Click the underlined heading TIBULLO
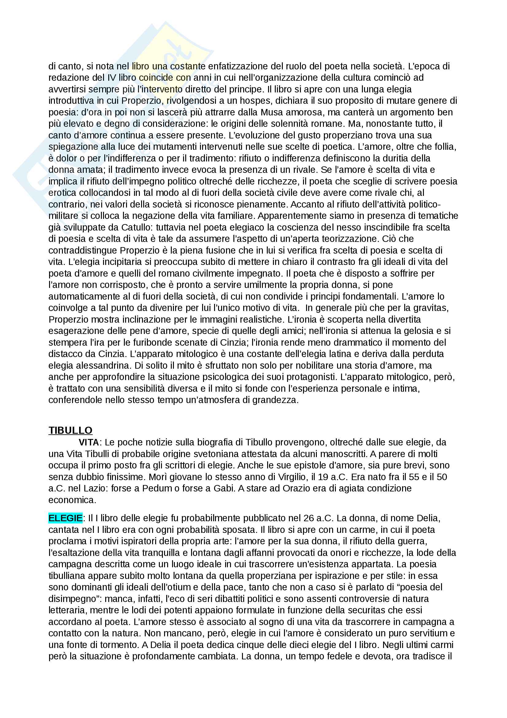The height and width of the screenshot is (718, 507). pos(70,430)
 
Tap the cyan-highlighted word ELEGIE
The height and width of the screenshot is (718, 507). pos(65,518)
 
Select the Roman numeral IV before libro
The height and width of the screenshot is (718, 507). pos(112,78)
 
